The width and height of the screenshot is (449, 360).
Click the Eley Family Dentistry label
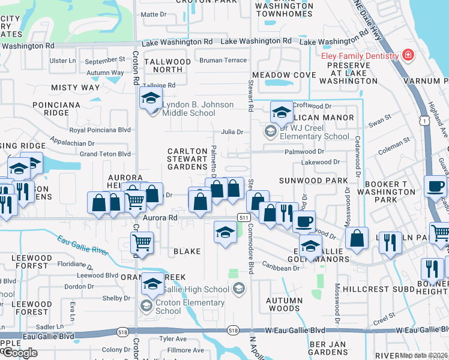[x=360, y=56]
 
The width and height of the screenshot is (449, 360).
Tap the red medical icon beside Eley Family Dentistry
[x=408, y=56]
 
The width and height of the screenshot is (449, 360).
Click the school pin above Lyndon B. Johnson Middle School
[x=151, y=98]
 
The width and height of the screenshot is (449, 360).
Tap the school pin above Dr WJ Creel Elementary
[x=281, y=112]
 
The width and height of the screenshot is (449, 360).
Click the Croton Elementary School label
[x=168, y=307]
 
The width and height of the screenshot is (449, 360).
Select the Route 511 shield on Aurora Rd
[x=243, y=217]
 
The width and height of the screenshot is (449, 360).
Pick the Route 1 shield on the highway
[x=424, y=121]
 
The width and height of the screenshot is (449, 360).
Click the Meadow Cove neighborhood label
[x=284, y=75]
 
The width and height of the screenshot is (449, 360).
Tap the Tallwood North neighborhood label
[x=163, y=65]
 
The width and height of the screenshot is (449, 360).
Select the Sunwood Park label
[x=313, y=180]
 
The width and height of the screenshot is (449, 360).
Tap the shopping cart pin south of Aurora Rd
[x=142, y=242]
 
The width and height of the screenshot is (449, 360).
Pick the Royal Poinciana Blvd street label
[x=100, y=130]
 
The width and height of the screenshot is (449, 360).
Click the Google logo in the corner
[x=19, y=353]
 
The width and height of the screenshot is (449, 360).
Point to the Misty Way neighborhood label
[x=75, y=88]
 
